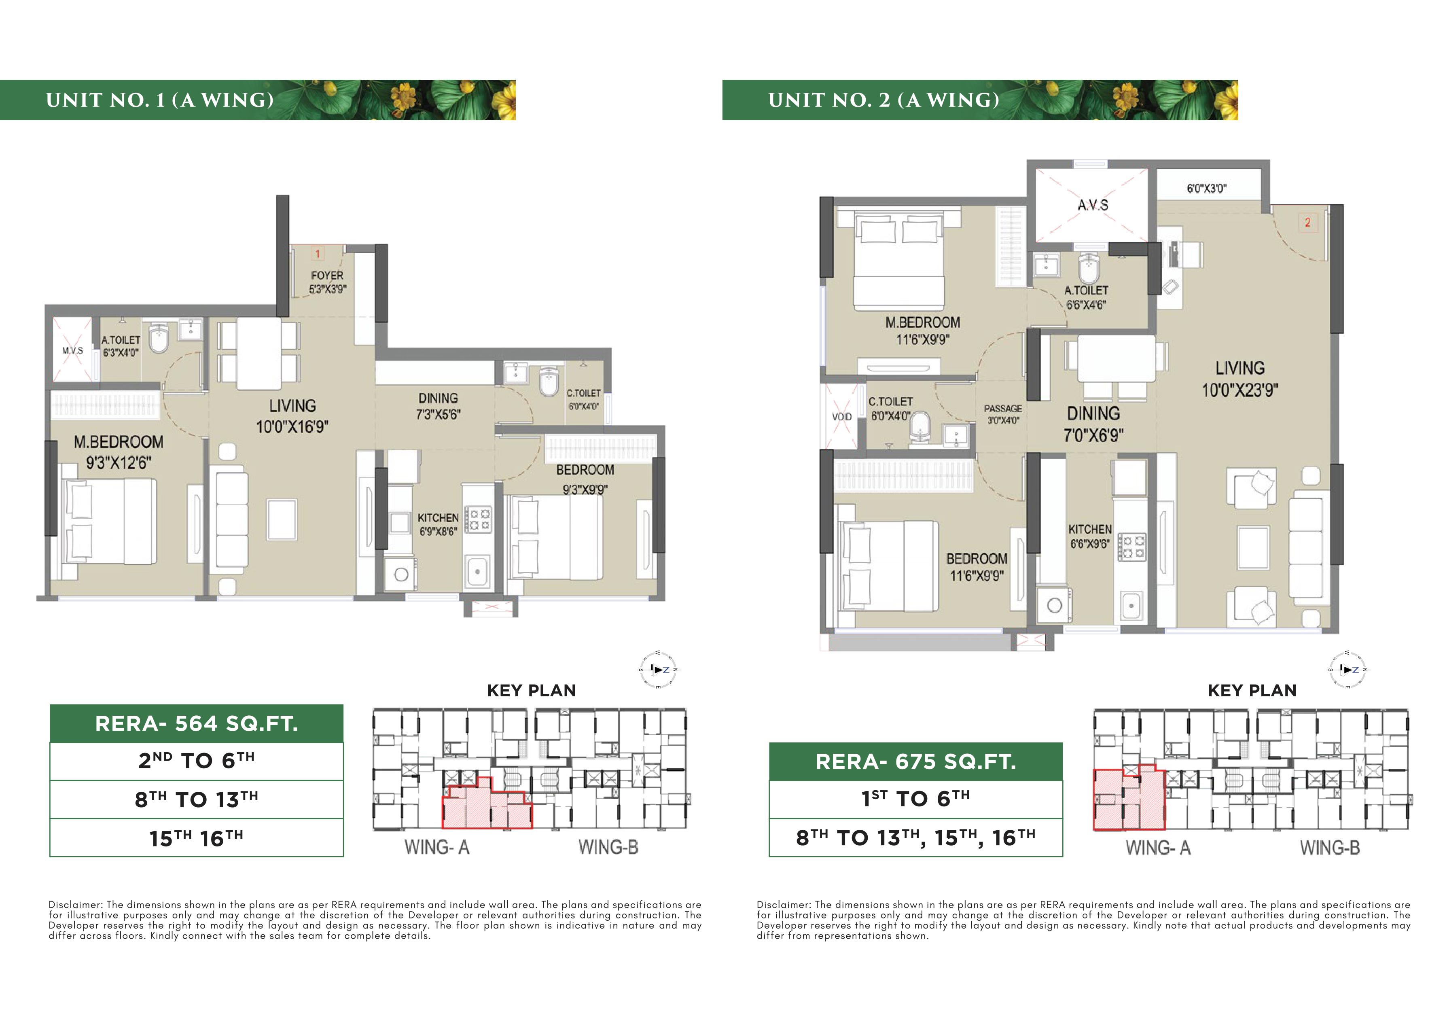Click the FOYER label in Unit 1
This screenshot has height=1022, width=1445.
coord(327,276)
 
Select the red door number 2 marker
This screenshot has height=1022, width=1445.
coord(1307,222)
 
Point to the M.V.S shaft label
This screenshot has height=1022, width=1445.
coord(72,350)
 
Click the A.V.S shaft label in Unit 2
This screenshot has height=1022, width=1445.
coord(1093,205)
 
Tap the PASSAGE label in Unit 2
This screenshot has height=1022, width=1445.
coord(1003,408)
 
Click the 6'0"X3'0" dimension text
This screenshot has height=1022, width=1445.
coord(1206,188)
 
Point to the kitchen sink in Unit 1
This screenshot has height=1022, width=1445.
coord(478,571)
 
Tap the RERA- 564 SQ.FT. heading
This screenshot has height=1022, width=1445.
coord(196,724)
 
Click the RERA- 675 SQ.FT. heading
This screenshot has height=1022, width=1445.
coord(916,762)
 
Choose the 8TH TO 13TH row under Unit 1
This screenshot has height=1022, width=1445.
coord(196,799)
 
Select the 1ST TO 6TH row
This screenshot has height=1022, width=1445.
coord(916,799)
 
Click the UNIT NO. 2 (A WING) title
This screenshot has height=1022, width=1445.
coord(884,100)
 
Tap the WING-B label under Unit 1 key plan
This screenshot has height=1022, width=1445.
coord(608,847)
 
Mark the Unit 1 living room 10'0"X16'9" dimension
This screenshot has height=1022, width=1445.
coord(292,427)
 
